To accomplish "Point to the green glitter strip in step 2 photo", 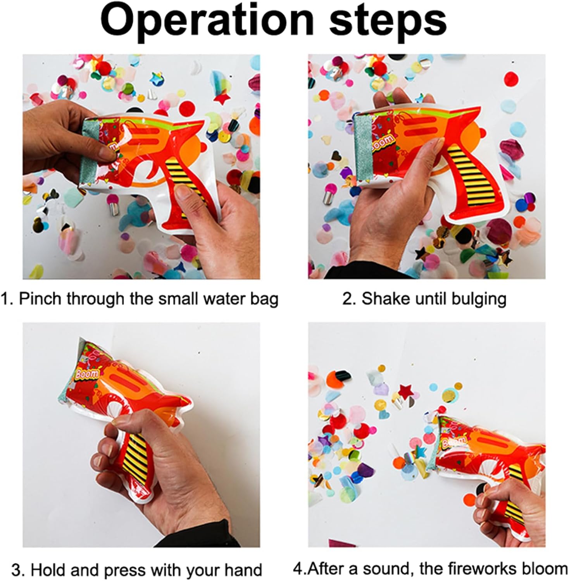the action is click(x=363, y=148).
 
